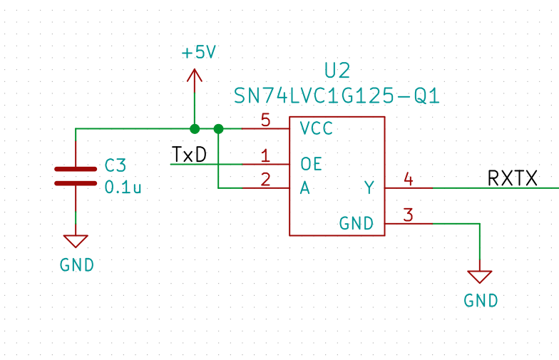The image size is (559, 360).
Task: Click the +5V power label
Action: [x=198, y=53]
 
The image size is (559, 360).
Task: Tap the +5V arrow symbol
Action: [x=194, y=80]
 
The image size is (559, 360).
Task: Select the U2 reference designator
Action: [x=337, y=71]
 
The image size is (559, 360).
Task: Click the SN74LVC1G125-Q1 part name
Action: [x=337, y=96]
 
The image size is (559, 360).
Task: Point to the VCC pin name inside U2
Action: [x=317, y=128]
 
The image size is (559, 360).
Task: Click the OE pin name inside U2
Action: [x=311, y=164]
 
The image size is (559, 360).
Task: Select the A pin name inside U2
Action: [x=305, y=188]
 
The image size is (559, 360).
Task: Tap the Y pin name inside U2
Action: [x=369, y=188]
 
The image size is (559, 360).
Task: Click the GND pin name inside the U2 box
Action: [x=357, y=224]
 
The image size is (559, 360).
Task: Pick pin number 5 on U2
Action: [x=265, y=120]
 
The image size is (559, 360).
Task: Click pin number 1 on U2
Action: [x=265, y=155]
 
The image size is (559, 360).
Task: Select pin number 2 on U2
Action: [x=265, y=180]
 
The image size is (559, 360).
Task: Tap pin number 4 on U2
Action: [x=409, y=179]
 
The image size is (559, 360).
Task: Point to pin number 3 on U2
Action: [x=408, y=215]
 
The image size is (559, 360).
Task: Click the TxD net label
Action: [x=189, y=155]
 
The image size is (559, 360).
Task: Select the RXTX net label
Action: [x=512, y=178]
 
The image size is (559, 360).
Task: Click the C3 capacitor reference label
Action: [x=116, y=165]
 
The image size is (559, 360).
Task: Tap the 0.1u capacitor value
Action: [x=123, y=187]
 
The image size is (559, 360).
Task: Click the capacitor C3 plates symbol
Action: [x=76, y=176]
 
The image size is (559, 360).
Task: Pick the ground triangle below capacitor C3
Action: [x=76, y=241]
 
